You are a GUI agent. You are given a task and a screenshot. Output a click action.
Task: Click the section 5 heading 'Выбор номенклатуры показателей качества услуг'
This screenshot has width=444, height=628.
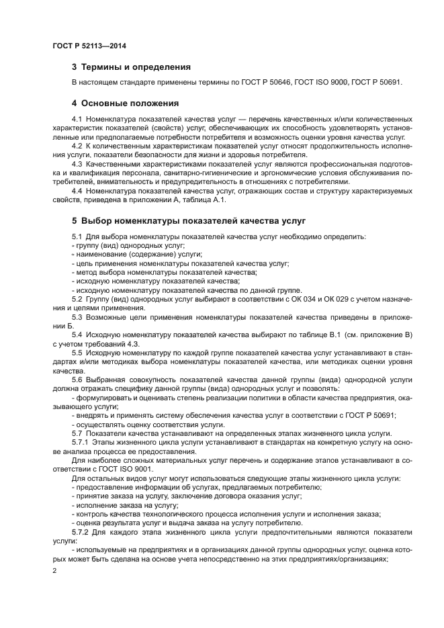tap(189, 220)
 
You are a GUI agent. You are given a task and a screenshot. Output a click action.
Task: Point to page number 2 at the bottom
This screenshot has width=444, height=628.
tap(55, 570)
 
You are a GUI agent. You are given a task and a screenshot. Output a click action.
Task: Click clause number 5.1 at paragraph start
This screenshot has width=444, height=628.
tap(77, 236)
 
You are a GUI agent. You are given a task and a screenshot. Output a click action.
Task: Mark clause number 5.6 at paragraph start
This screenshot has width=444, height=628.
tap(77, 379)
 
